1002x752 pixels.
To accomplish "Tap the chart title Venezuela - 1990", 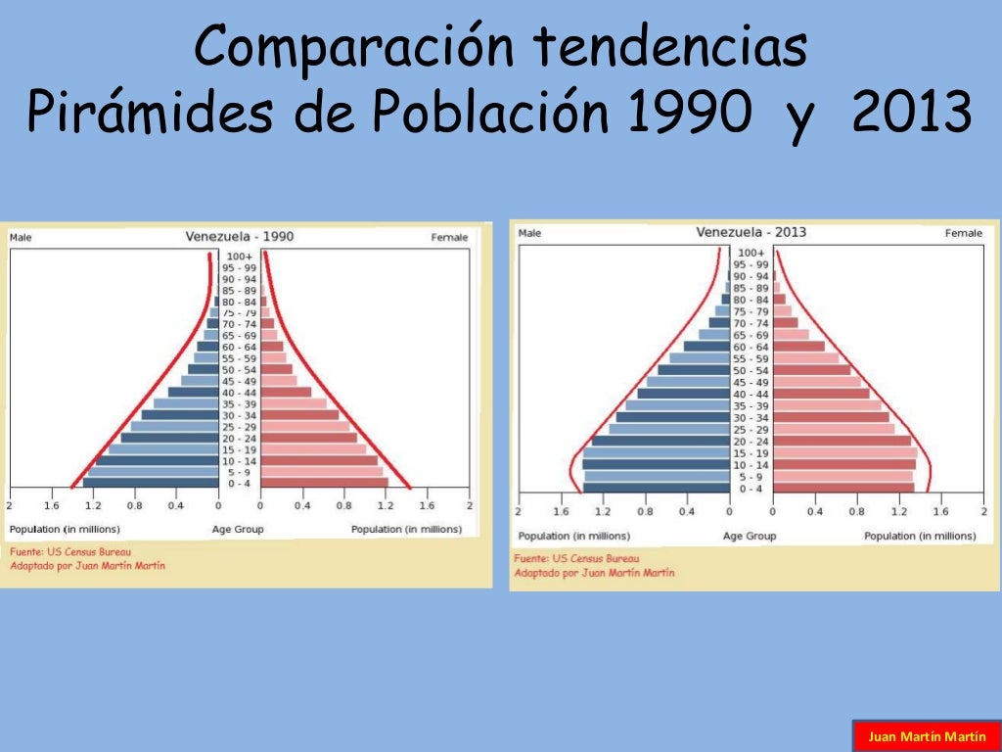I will coord(240,236).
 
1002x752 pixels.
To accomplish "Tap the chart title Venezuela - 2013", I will coord(751,232).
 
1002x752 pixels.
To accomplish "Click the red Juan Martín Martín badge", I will coord(920,735).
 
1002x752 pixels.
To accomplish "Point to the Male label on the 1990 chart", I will coord(22,237).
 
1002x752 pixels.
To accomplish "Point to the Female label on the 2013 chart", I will coord(963,233).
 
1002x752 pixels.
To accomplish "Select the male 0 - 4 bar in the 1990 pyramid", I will coord(151,483).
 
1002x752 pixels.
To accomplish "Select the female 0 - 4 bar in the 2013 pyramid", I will coord(843,488).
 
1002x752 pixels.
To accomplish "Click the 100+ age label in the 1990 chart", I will coord(240,257).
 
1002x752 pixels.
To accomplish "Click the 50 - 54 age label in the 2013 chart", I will coord(751,370).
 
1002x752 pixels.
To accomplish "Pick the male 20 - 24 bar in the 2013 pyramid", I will coord(660,441).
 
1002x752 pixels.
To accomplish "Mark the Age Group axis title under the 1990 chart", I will coord(238,530).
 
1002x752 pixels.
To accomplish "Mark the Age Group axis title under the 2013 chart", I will coord(750,536).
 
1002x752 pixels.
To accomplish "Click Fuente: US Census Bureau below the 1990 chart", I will coord(70,551).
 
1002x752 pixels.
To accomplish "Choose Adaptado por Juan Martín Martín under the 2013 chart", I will coord(594,573).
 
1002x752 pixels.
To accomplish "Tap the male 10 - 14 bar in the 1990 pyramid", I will coord(157,460).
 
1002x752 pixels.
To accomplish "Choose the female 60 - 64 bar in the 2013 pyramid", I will coord(798,347).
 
